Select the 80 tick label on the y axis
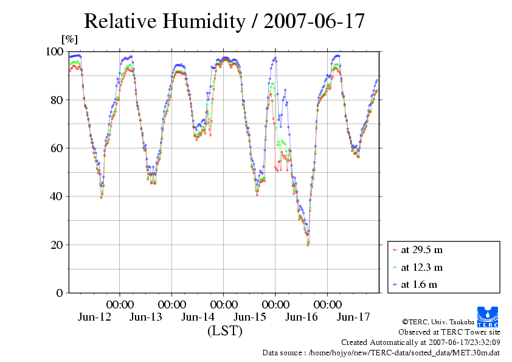57,100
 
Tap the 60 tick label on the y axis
57,148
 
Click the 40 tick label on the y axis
57,197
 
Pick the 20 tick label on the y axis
57,245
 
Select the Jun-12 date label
94,317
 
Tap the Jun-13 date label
146,317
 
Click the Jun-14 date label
198,317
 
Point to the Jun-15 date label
250,317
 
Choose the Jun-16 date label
302,317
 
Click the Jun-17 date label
353,317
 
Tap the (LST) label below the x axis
224,332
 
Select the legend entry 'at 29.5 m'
421,249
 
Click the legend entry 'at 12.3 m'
421,267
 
